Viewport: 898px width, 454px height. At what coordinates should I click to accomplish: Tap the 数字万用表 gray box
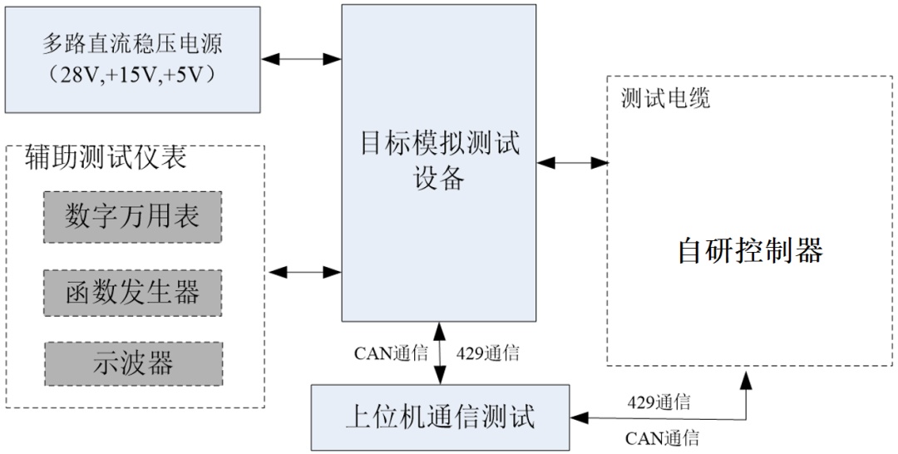133,217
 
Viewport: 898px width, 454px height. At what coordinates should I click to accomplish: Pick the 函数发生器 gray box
133,292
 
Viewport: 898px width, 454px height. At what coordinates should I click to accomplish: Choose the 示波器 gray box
133,363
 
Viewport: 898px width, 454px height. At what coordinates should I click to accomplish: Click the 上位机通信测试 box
440,416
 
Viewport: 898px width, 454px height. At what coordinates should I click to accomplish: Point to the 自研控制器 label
750,250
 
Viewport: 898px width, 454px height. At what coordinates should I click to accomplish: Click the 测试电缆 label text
665,99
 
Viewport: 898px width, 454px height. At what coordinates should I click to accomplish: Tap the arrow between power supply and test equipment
301,59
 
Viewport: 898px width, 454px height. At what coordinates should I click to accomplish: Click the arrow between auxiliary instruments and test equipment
303,271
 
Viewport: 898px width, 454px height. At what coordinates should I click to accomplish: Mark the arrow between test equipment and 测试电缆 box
572,163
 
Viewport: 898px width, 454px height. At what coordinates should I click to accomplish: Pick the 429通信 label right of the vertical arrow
488,353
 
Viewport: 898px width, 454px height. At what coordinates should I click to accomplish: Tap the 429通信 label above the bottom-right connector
659,403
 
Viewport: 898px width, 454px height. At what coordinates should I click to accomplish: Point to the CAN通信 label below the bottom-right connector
662,438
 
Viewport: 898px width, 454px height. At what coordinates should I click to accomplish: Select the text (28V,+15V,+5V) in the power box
133,75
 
